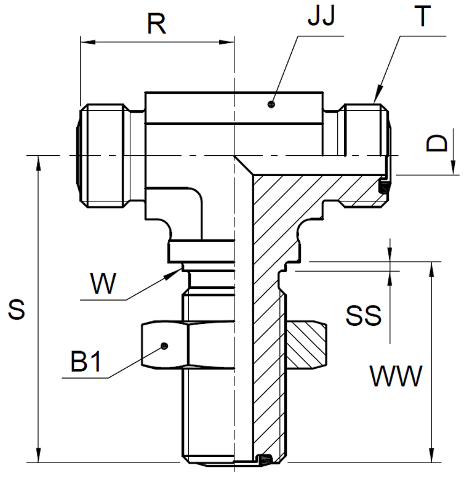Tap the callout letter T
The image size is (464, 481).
tap(423, 17)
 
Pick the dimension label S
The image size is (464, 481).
tap(17, 310)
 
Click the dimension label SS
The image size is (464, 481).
tap(364, 316)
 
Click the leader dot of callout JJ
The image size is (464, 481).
tap(271, 105)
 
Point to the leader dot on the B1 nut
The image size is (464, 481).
tap(164, 346)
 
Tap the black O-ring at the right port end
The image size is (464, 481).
tap(383, 187)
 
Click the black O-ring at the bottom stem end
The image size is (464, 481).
tap(266, 459)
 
